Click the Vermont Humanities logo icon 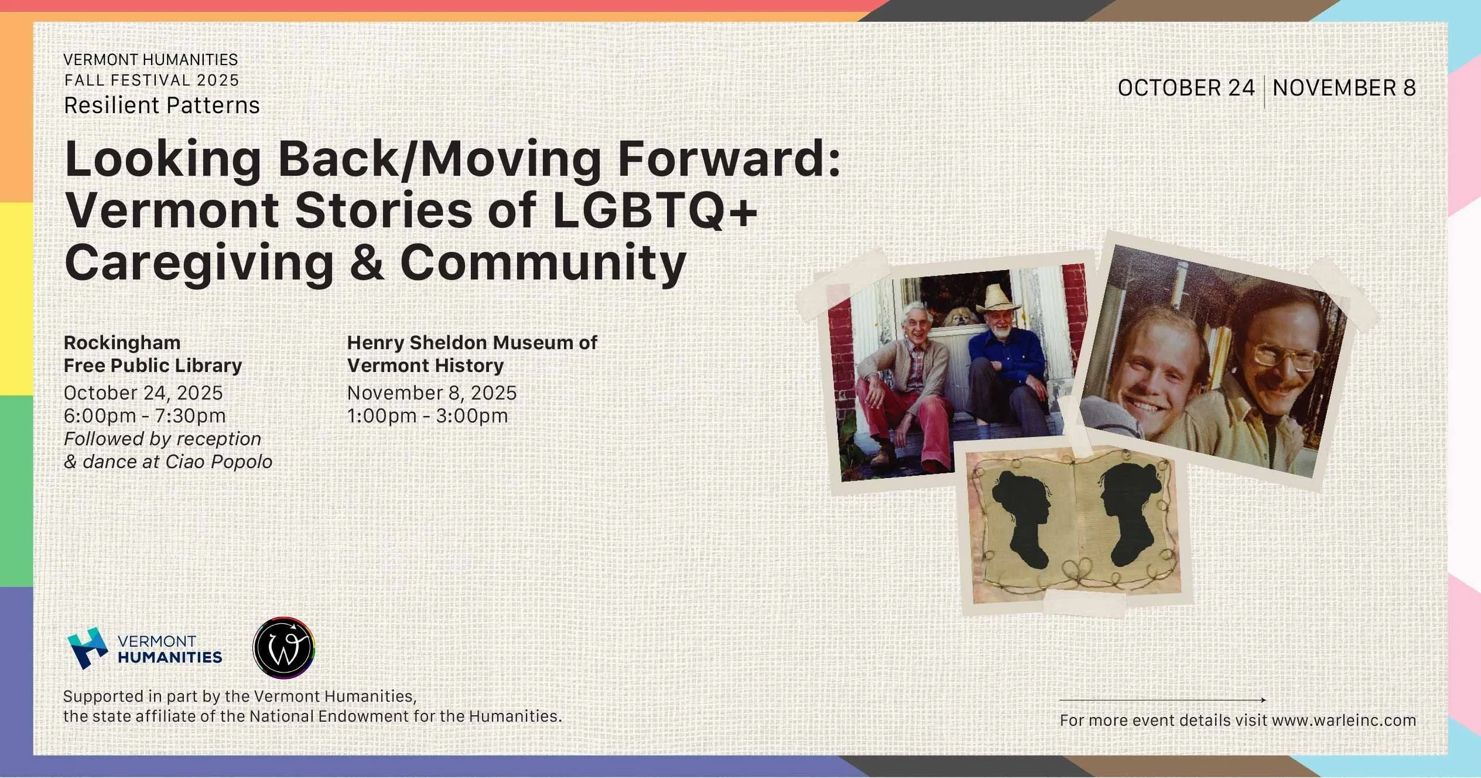[88, 648]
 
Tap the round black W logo [284, 648]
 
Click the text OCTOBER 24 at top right [1186, 88]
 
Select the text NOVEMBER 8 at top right [1344, 88]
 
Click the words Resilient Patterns [162, 105]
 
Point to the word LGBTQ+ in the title [654, 210]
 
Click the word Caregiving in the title [200, 262]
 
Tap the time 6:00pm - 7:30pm [145, 416]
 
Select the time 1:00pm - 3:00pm [427, 416]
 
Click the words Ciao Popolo [219, 462]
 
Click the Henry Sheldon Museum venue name [472, 354]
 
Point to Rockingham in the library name [122, 342]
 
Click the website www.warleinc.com [1344, 720]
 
